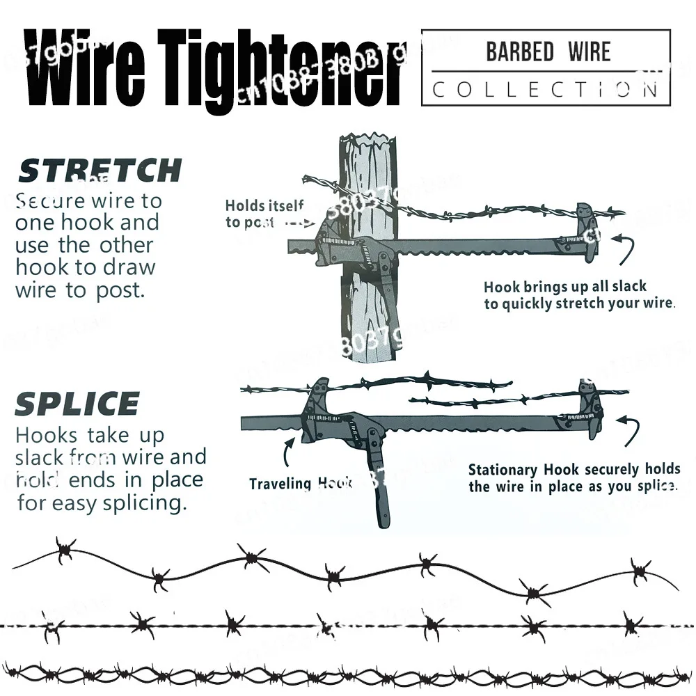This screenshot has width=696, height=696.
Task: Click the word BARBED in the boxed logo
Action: (520, 52)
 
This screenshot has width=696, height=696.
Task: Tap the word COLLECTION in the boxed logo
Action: (545, 89)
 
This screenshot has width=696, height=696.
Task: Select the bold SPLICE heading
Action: (77, 404)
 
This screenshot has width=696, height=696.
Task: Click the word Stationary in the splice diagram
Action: (502, 470)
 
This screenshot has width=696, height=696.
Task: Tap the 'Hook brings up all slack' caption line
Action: (565, 286)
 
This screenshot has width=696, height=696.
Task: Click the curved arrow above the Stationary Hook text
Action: (629, 430)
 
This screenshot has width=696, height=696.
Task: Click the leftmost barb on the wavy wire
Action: (65, 550)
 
